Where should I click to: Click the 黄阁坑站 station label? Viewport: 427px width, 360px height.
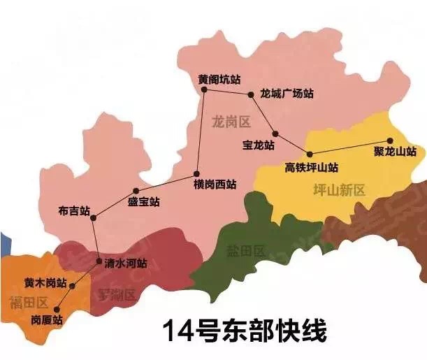pos(219,79)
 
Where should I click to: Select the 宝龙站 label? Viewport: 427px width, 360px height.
pos(258,145)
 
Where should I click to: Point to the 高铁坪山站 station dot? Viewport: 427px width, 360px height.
pos(308,154)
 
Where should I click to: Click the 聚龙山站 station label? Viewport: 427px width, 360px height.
pos(395,151)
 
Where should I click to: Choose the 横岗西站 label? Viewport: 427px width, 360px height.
pos(215,185)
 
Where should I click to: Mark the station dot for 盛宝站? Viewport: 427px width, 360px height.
pos(136,190)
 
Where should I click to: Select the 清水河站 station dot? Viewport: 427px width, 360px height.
pos(99,261)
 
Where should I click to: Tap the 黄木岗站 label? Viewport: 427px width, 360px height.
pos(45,283)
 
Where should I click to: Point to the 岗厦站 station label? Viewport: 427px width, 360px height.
pos(48,319)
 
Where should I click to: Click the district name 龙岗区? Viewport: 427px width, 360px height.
pos(230,122)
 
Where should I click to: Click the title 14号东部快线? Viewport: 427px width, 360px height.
pos(244,331)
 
